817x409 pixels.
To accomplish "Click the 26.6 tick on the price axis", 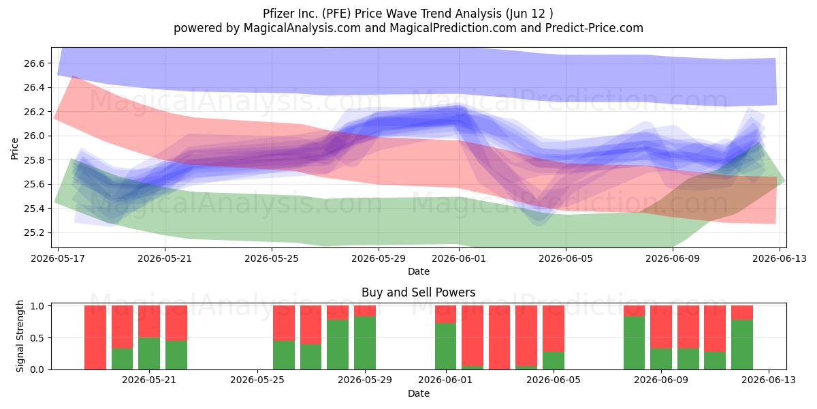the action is [x=34, y=63].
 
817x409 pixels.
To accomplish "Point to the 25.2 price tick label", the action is [x=34, y=233].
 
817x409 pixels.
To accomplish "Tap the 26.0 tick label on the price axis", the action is [x=34, y=136].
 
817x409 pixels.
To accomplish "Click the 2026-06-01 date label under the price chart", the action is [x=459, y=258].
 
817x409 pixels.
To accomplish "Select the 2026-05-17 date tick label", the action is [x=58, y=258].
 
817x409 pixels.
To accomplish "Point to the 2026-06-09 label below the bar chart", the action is [x=661, y=380].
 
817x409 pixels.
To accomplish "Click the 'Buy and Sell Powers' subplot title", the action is [x=418, y=292].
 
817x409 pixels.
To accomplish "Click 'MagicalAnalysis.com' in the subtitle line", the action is [x=302, y=28].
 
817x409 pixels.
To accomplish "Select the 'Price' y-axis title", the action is [x=14, y=149].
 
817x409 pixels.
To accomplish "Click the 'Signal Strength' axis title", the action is [x=20, y=336].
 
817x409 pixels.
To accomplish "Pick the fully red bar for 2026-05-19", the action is [x=95, y=337].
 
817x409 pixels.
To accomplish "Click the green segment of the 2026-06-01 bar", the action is [x=445, y=346].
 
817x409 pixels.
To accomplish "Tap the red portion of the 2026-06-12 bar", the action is [x=742, y=313].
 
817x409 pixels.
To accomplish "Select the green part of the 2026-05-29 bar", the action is [x=365, y=343].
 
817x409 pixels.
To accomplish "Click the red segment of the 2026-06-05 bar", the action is [x=554, y=329].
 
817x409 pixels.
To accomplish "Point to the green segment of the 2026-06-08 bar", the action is [x=635, y=343].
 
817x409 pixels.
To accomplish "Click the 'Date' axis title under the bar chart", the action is [x=418, y=394].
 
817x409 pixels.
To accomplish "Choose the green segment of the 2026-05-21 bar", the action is [x=149, y=354].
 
